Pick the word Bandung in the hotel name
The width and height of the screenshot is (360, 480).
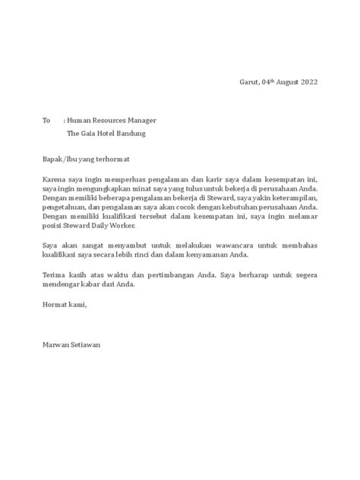click(128, 134)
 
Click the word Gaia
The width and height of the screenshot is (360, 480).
click(88, 134)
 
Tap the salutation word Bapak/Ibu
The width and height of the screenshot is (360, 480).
click(56, 159)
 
